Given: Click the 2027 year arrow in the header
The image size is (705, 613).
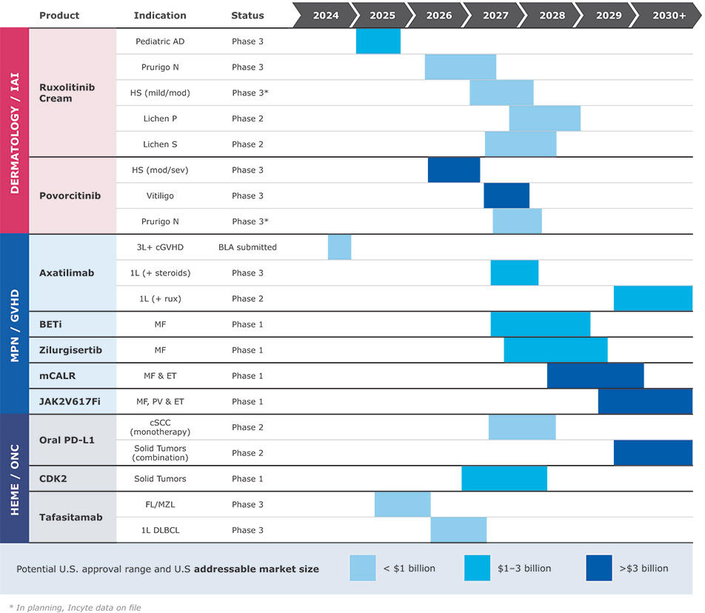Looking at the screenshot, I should click(x=495, y=15).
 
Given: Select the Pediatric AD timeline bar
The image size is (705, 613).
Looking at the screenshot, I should click(x=378, y=41).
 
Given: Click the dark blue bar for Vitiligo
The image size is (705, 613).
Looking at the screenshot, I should click(x=507, y=195).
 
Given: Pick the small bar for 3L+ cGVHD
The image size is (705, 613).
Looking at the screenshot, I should click(x=339, y=247).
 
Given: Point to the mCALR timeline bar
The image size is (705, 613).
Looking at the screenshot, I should click(x=595, y=375).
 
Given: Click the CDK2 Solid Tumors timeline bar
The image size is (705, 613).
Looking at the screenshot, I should click(x=504, y=478).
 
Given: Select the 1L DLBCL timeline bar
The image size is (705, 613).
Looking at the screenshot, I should click(x=458, y=530).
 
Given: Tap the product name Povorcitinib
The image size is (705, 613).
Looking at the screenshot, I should click(x=70, y=195).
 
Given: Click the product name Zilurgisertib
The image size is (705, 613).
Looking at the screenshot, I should click(x=70, y=349).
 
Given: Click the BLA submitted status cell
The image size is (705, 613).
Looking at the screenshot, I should click(x=247, y=247).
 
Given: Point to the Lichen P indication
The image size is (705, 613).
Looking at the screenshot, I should click(x=161, y=118).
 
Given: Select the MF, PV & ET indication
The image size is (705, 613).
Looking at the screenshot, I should click(x=161, y=401).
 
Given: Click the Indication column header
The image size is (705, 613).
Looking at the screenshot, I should click(x=160, y=15).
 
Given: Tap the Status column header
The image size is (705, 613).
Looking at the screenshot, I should click(x=247, y=15).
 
